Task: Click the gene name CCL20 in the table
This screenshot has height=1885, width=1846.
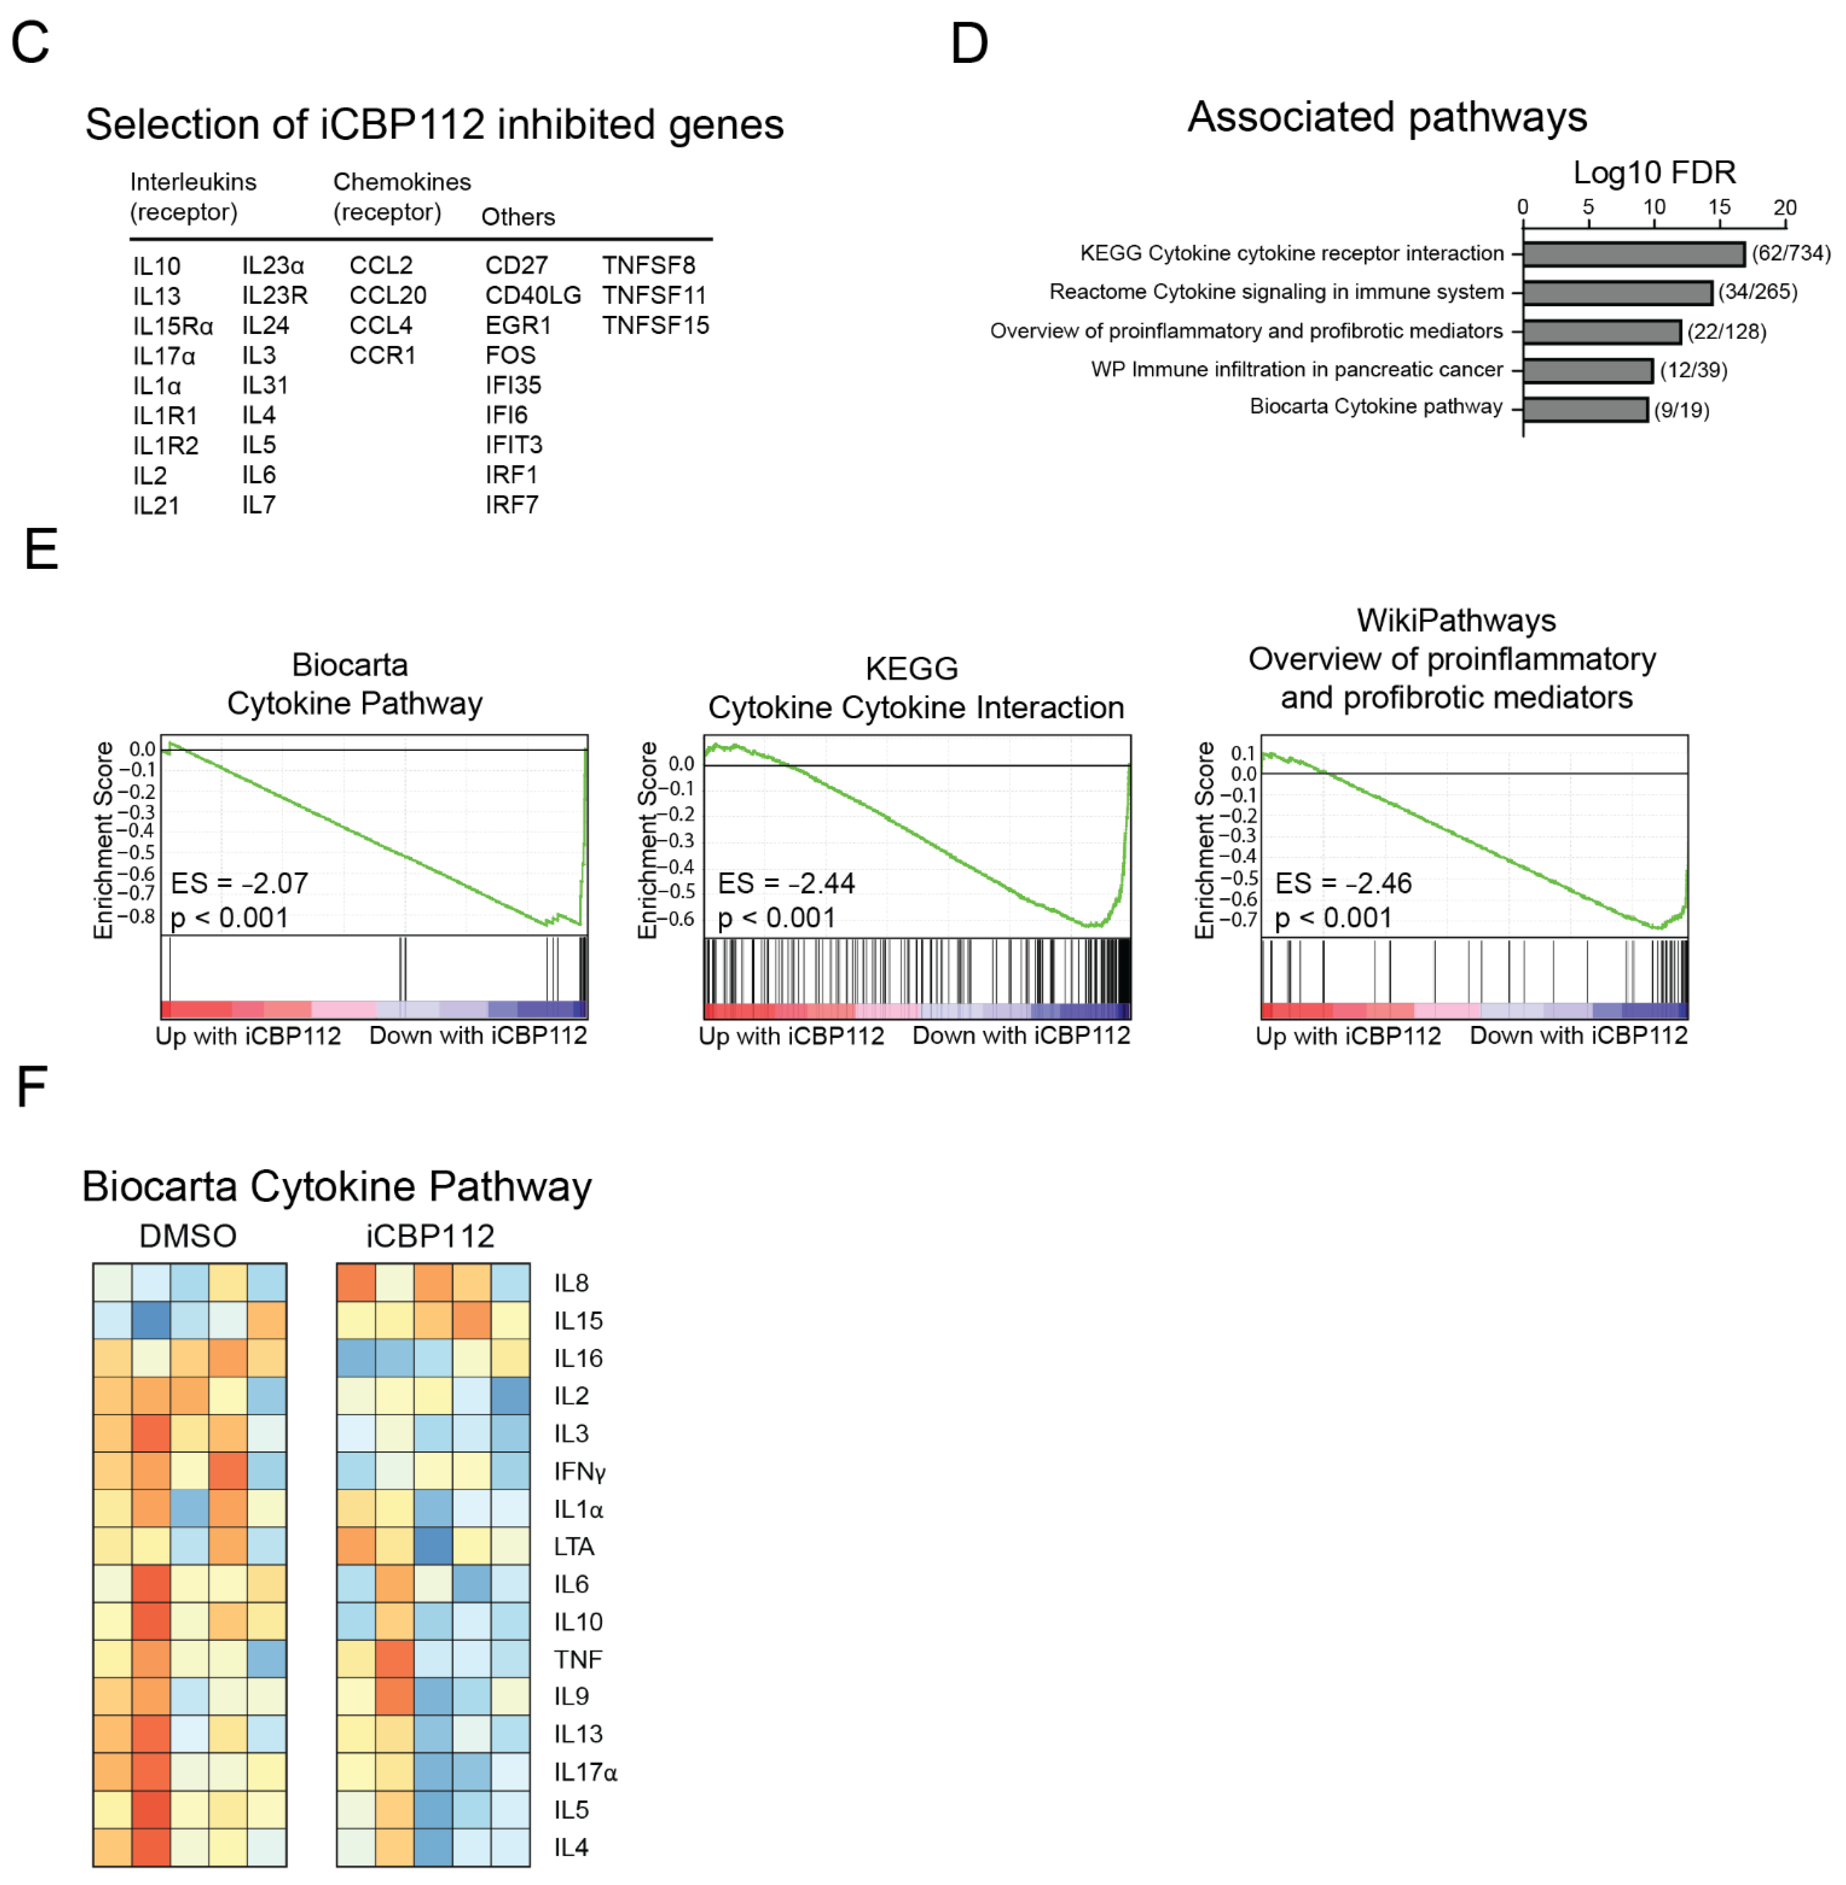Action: pos(388,295)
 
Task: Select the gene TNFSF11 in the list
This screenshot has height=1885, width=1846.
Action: pos(654,295)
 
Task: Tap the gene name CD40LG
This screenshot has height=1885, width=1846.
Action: pos(533,295)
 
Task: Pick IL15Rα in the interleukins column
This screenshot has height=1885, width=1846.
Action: pos(173,326)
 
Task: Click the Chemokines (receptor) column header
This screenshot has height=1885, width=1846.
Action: pos(401,197)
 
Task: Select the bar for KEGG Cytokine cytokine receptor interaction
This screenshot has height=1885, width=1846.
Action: pos(1634,254)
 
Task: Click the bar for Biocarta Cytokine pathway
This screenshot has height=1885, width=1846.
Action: pos(1585,409)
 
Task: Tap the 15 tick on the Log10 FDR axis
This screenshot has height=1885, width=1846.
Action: pos(1719,207)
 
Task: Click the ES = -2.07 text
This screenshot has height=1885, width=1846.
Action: pos(239,883)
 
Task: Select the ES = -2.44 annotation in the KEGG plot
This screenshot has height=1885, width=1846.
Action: pos(786,883)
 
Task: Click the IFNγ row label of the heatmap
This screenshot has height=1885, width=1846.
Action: pos(580,1472)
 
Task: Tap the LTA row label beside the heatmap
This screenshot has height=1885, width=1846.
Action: pos(574,1547)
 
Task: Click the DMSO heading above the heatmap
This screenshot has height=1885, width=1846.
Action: pos(188,1236)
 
